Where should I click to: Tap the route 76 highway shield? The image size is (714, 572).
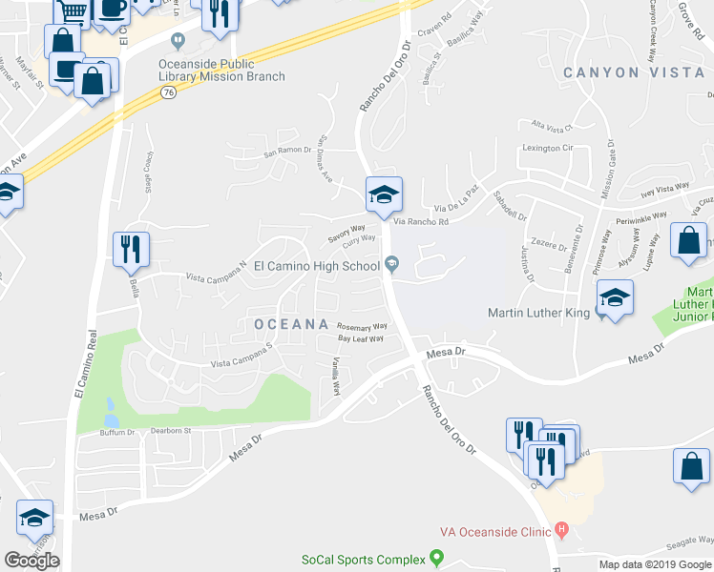169,92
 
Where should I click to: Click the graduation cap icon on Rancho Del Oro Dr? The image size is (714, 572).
384,195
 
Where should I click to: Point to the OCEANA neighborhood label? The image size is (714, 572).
291,324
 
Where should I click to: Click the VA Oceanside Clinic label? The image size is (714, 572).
494,531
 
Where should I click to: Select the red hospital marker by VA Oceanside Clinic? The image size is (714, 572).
561,529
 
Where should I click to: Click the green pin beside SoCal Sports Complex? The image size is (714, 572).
437,557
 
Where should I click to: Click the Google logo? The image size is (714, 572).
31,561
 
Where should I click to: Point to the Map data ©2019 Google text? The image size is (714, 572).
655,564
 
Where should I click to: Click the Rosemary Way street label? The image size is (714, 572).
362,326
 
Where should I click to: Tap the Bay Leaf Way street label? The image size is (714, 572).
361,338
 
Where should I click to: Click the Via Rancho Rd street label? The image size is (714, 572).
421,222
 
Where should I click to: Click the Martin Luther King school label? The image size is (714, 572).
539,312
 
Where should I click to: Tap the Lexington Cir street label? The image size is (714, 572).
548,148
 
